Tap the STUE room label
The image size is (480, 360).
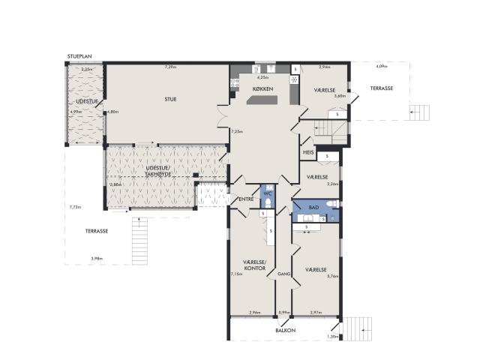point(171,99)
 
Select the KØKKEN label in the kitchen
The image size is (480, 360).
point(262,90)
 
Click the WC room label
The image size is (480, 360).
point(266,193)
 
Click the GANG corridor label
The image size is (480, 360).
point(283,274)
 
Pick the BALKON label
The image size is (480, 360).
point(284,330)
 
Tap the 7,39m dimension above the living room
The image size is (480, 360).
point(170,67)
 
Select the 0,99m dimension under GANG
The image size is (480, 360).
point(283,313)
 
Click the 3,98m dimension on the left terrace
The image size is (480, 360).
point(97,259)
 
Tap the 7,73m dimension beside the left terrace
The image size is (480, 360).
point(75,207)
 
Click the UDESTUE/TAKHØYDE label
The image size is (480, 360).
point(159,171)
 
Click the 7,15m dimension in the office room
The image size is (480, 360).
point(235,274)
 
